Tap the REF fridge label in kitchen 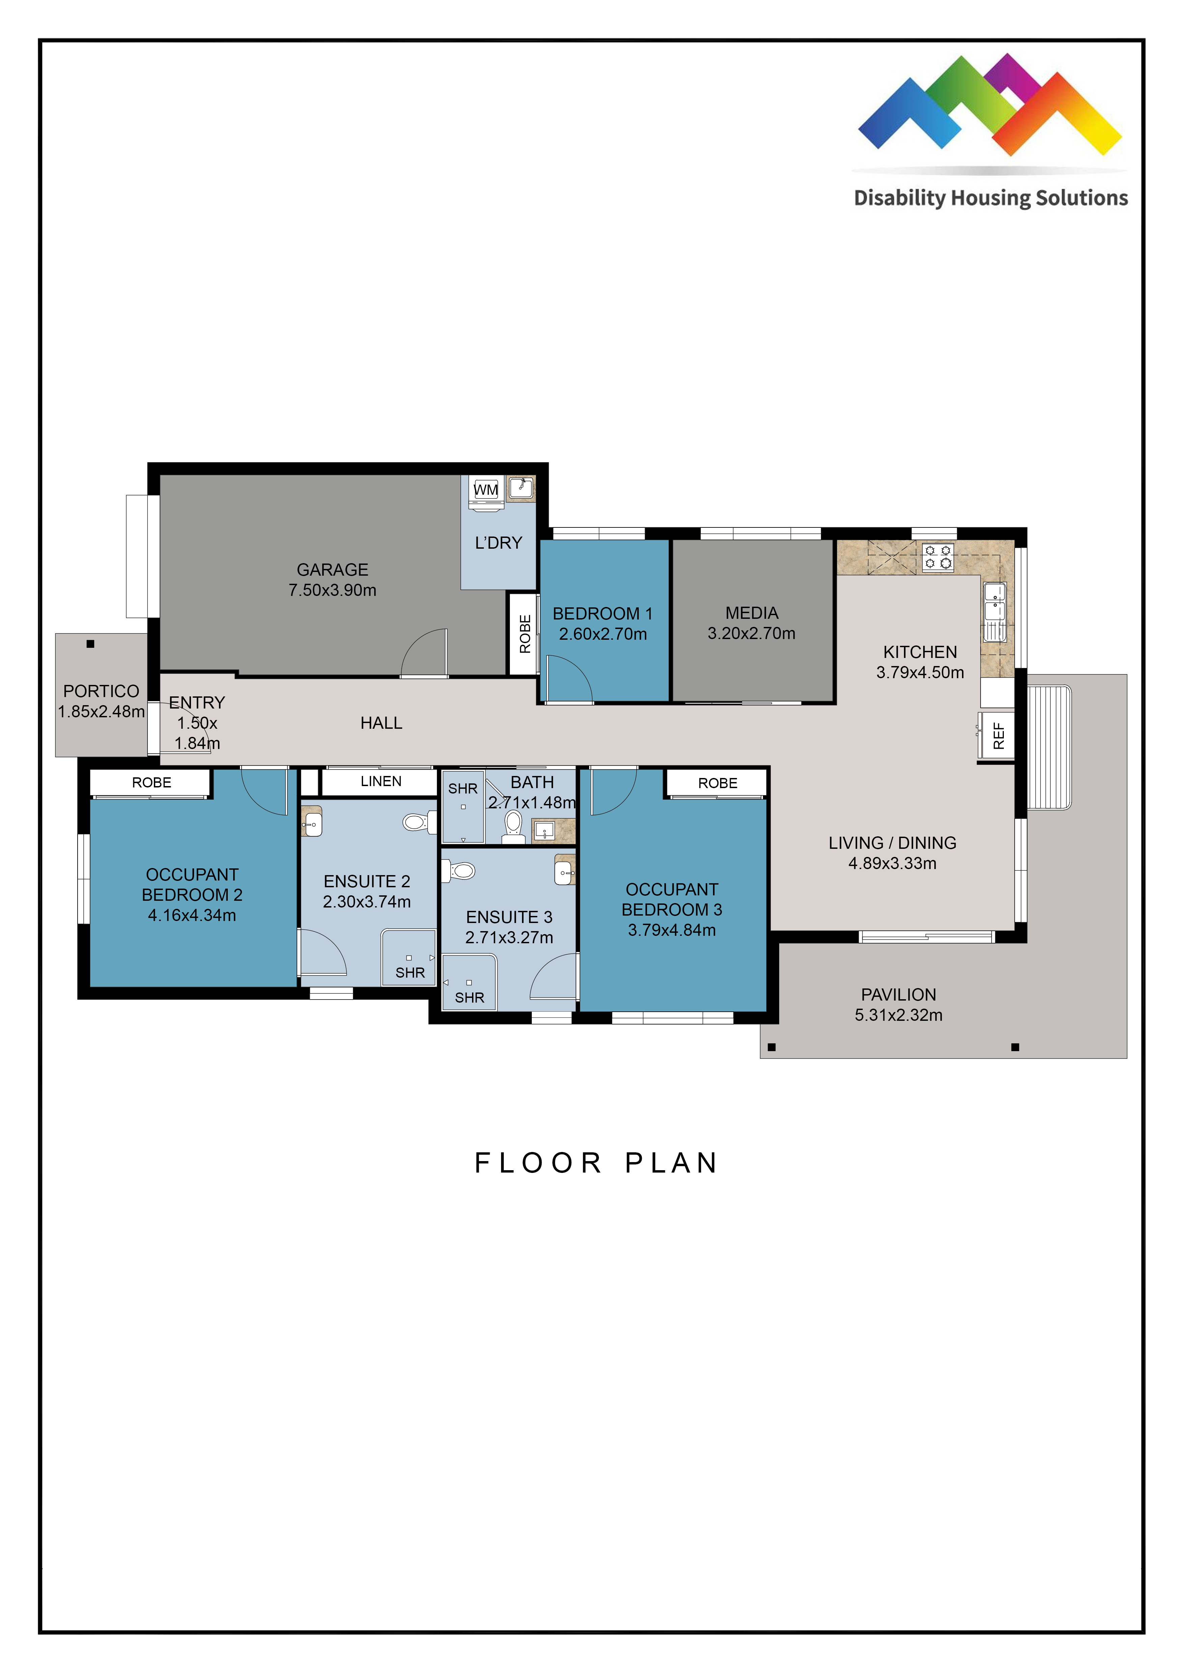point(999,736)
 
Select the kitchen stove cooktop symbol point(937,557)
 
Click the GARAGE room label point(332,570)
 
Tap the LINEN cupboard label point(381,781)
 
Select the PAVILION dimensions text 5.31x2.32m point(898,1015)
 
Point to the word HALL point(381,723)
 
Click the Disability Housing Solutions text point(991,198)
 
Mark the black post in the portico point(90,644)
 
